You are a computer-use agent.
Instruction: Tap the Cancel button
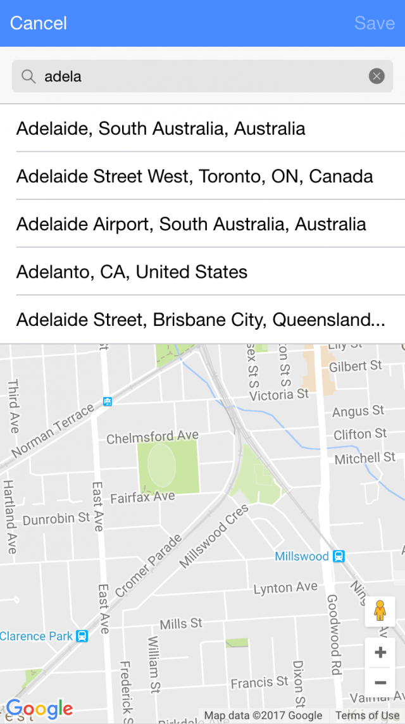pos(39,23)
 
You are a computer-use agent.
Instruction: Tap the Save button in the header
pos(375,23)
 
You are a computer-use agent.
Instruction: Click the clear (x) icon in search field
pos(377,77)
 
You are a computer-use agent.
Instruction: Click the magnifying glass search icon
pos(28,77)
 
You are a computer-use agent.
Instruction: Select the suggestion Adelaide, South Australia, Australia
pos(161,128)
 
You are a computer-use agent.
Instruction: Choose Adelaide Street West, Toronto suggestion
pos(194,176)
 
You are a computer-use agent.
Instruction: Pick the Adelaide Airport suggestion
pos(191,224)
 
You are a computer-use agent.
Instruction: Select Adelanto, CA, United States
pos(132,272)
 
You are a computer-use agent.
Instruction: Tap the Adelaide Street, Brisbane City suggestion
pos(200,320)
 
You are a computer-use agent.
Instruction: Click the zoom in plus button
pos(380,652)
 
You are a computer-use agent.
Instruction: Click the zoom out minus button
pos(380,683)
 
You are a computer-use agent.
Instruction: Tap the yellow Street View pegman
pos(380,611)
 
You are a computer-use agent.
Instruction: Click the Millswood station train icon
pos(339,556)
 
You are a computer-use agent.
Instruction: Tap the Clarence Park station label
pos(37,637)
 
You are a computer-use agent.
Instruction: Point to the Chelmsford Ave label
pos(153,437)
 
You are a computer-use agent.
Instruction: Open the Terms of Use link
pos(368,716)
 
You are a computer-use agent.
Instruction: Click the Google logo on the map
pos(40,708)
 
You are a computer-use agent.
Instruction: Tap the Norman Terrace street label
pos(53,430)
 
